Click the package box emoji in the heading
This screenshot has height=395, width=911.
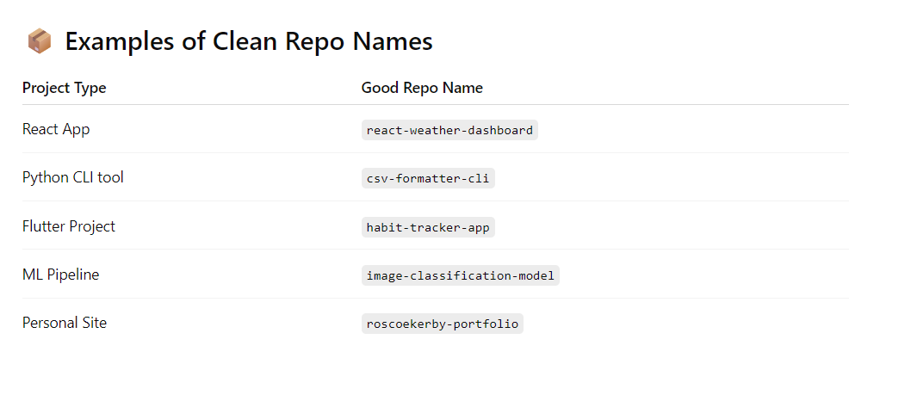coord(40,41)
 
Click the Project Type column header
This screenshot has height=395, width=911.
coord(65,88)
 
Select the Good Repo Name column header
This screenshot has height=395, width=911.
coord(422,88)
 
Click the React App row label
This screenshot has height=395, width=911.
coord(56,129)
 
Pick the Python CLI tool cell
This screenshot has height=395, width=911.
coord(73,177)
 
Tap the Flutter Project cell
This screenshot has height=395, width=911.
coord(69,226)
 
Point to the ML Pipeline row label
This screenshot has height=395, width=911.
coord(61,275)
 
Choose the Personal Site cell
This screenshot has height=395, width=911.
coord(65,323)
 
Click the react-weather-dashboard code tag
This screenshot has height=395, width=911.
coord(449,131)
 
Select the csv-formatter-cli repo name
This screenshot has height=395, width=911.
coord(428,179)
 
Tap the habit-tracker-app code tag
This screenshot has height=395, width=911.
coord(428,227)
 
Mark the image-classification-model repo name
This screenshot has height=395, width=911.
coord(461,275)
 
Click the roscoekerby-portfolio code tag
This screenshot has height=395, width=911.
coord(443,324)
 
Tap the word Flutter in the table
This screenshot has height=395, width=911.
coord(42,226)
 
